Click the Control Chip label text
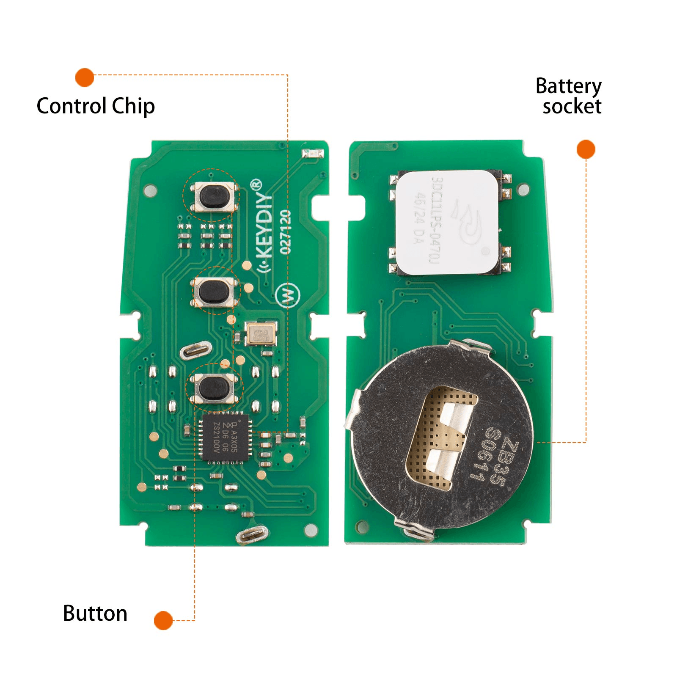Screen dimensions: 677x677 click(x=96, y=106)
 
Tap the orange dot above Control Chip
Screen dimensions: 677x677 click(x=85, y=77)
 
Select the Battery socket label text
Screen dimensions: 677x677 click(x=569, y=96)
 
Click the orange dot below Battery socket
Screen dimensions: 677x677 click(x=586, y=149)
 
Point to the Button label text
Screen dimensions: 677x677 click(x=95, y=613)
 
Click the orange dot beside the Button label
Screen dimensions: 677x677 click(x=163, y=620)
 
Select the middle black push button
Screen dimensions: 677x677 click(x=214, y=292)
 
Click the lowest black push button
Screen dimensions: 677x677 click(x=214, y=388)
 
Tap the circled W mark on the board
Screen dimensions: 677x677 click(x=288, y=295)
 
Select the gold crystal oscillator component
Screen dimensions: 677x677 click(x=261, y=333)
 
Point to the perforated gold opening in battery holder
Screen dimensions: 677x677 click(x=440, y=438)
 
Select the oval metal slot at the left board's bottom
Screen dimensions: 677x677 click(x=252, y=535)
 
